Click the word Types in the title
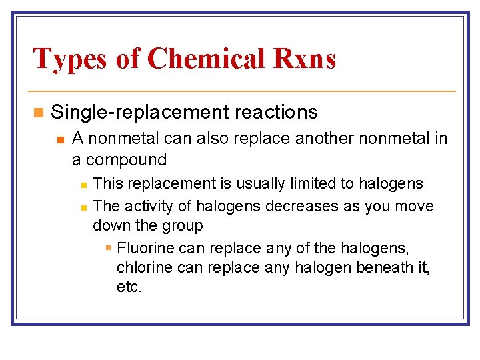[69, 58]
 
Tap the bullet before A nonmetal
[60, 139]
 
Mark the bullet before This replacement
[84, 184]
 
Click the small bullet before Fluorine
[109, 249]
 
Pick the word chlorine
[143, 268]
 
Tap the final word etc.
[129, 288]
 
